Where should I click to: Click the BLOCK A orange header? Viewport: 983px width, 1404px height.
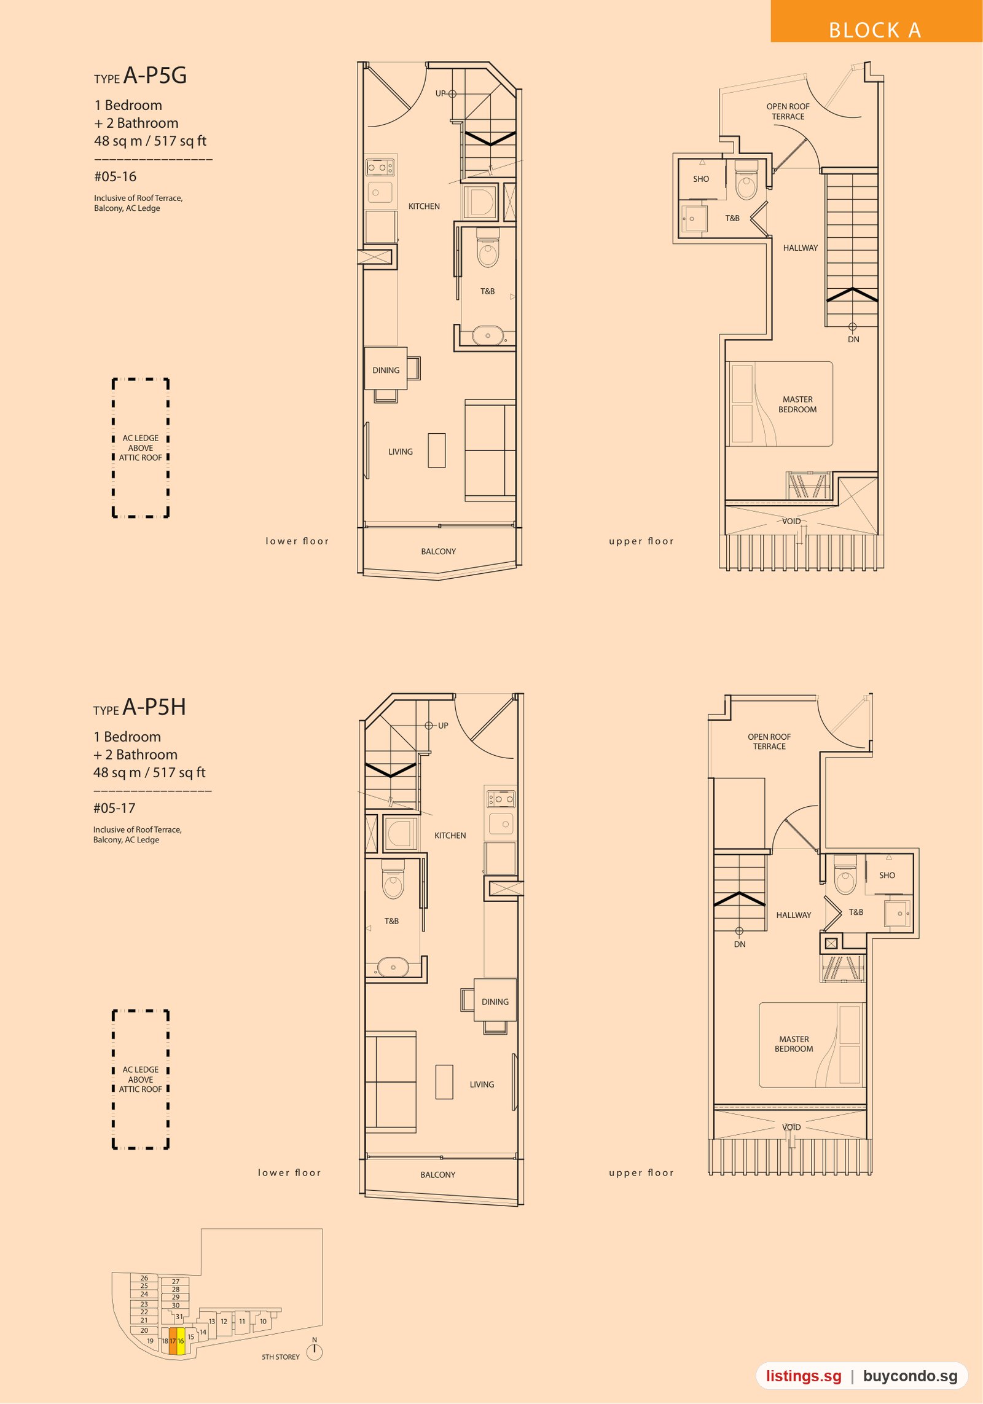[876, 22]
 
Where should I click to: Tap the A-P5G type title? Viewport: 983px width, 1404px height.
[155, 76]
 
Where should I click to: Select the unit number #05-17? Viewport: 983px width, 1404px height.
[114, 808]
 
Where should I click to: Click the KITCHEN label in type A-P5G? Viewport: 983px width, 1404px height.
[424, 206]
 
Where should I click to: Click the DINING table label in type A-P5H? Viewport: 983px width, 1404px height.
[495, 1002]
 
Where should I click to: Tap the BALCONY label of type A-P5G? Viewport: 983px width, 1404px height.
[439, 551]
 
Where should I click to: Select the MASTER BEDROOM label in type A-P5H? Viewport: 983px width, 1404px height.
[794, 1044]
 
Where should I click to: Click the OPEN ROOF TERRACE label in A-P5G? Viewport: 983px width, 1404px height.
[788, 111]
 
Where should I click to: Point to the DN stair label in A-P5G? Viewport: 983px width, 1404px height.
[853, 339]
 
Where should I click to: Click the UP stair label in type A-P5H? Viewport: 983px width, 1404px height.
[443, 726]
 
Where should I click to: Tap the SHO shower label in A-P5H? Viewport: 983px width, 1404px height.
[887, 875]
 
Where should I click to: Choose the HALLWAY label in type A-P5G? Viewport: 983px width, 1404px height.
[801, 248]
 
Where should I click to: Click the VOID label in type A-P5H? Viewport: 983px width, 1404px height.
[791, 1127]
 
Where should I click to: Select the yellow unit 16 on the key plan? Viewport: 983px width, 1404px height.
[181, 1341]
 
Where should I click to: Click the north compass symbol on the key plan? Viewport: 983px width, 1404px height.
[315, 1352]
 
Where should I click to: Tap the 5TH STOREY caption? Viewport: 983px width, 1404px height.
[281, 1357]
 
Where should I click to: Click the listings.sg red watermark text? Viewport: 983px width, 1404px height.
[804, 1376]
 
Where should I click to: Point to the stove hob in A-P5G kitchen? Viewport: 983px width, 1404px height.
[380, 167]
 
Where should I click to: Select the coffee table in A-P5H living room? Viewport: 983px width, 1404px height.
[444, 1081]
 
